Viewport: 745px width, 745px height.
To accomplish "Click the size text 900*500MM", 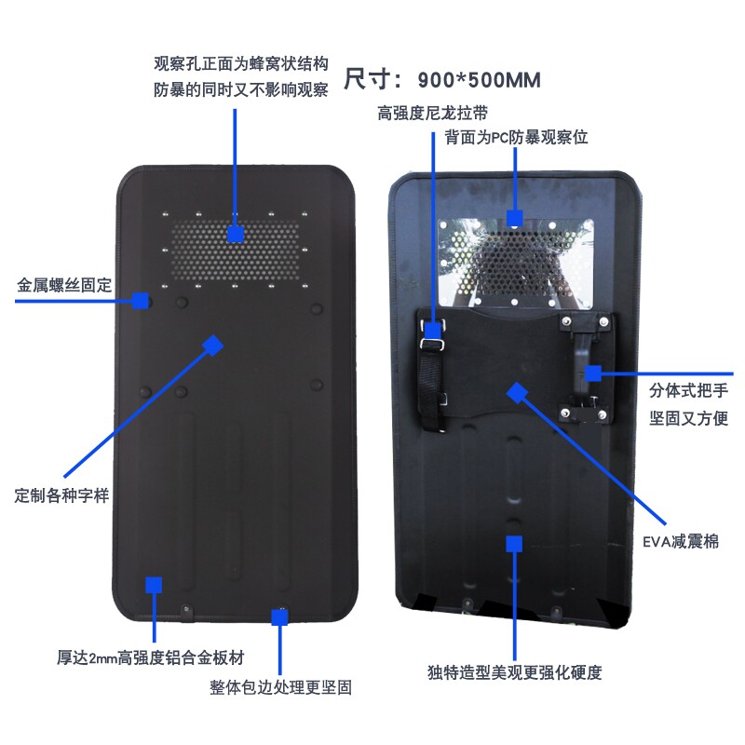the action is point(480,80).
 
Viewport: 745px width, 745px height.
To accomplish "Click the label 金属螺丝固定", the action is point(64,285).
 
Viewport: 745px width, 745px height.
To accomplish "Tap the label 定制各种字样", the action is point(62,494).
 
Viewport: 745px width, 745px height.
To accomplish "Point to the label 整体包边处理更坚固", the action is point(280,688).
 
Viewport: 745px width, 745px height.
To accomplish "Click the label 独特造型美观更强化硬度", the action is point(521,671).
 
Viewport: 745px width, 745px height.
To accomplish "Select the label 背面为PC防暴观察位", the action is point(517,137).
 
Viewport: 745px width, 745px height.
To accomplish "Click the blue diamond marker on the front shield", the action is point(213,345).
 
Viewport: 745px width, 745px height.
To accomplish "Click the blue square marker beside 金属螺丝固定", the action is point(141,300).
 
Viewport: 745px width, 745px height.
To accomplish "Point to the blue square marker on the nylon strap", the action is point(433,330).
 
